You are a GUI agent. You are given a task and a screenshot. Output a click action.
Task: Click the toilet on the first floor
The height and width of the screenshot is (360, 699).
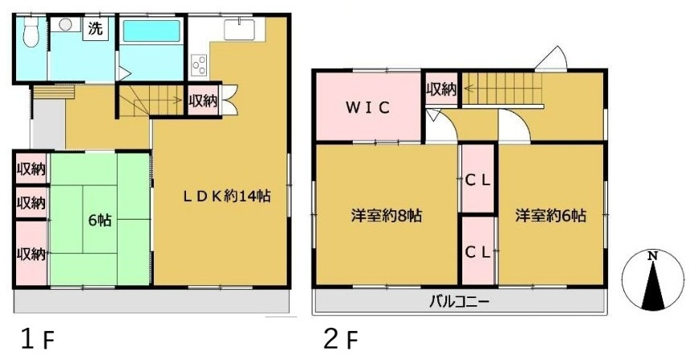coord(31,34)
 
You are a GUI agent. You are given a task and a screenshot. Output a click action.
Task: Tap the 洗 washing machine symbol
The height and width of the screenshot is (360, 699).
coord(95,29)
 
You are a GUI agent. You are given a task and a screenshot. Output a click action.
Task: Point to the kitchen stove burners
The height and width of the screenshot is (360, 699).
coord(200,63)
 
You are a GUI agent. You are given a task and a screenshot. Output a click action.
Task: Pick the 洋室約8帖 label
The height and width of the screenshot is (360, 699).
coord(386,216)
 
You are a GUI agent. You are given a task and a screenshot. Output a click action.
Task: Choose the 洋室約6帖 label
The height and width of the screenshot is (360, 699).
coord(551,216)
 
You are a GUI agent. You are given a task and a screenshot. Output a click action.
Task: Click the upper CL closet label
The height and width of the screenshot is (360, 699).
coord(478,180)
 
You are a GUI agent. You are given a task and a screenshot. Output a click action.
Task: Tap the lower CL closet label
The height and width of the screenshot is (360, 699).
coord(478,251)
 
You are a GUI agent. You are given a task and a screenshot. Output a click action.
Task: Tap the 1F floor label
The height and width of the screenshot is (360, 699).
coord(37,339)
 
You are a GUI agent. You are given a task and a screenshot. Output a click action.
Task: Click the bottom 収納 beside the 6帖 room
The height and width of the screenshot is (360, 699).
coord(31,254)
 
